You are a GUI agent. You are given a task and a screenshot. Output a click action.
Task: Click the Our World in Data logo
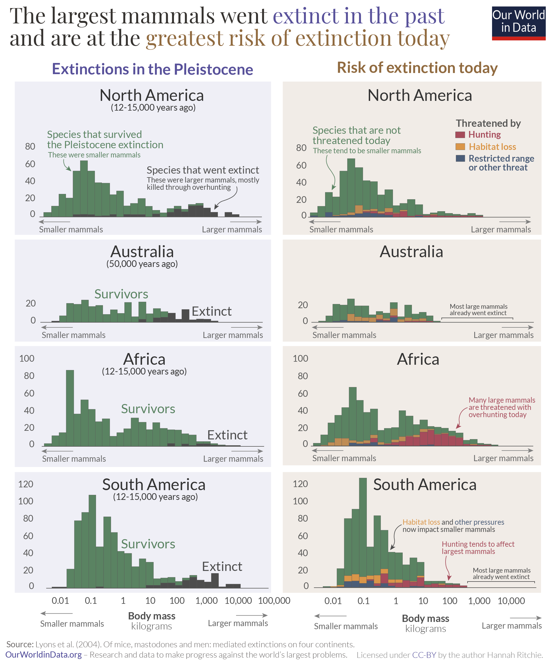[x=518, y=23]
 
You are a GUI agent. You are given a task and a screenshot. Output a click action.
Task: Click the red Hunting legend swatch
[x=460, y=135]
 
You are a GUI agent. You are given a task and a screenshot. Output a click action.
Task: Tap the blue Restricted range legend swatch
[x=460, y=159]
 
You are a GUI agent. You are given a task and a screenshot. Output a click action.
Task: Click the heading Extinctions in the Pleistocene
[x=152, y=69]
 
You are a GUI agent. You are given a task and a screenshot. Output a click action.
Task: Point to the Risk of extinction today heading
[x=417, y=68]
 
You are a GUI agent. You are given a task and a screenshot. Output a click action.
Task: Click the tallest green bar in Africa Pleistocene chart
[x=70, y=408]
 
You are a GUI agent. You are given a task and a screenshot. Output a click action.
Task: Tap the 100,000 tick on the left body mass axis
[x=274, y=600]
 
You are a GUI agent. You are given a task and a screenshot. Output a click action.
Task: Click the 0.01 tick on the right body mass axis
[x=333, y=601]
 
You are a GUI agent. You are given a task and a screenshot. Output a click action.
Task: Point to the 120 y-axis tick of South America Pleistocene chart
[x=26, y=484]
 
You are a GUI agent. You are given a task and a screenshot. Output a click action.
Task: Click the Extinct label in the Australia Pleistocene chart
[x=212, y=312]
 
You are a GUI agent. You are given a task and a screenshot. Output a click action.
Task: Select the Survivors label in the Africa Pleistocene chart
[x=148, y=409]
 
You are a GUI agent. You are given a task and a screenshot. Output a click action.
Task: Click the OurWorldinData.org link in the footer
[x=44, y=655]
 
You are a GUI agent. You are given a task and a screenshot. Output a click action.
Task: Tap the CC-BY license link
[x=424, y=655]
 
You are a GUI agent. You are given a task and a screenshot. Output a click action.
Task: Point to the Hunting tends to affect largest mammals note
[x=478, y=548]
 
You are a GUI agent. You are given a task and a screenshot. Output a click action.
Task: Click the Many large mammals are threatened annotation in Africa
[x=502, y=407]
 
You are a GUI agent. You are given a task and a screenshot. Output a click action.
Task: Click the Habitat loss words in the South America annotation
[x=421, y=522]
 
